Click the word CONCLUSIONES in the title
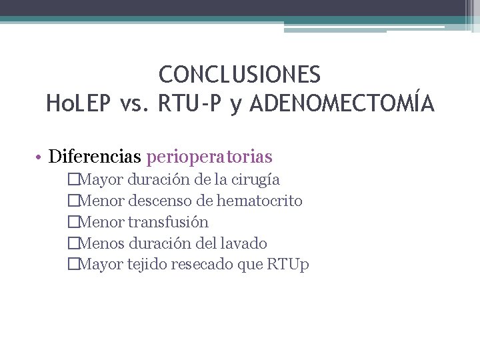[240, 73]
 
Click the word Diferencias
[95, 157]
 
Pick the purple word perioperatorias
[209, 157]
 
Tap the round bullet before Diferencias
[41, 158]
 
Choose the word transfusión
[168, 222]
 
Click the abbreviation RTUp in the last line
[288, 265]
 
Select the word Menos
[100, 243]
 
